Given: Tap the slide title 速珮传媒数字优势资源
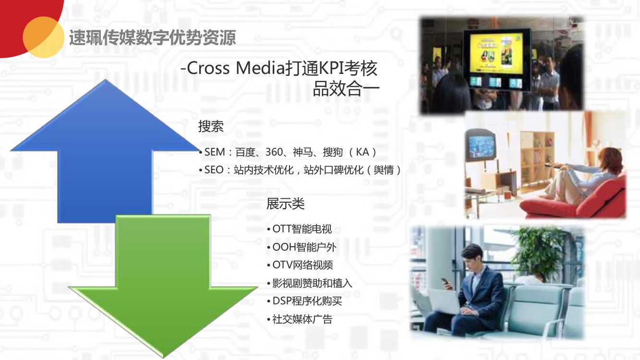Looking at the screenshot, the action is pyautogui.click(x=153, y=37).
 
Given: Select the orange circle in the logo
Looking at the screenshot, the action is pyautogui.click(x=43, y=37).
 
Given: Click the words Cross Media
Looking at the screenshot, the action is pyautogui.click(x=234, y=68).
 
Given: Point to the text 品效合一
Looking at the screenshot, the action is pyautogui.click(x=346, y=89).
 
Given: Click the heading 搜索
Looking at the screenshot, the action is pyautogui.click(x=211, y=126).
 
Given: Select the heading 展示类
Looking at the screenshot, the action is pyautogui.click(x=285, y=204).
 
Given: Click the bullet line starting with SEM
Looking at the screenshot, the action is pyautogui.click(x=288, y=152).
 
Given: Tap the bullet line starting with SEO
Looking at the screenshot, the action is pyautogui.click(x=300, y=170).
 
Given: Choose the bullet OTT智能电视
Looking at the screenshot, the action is pyautogui.click(x=300, y=229).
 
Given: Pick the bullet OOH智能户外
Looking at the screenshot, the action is pyautogui.click(x=302, y=247).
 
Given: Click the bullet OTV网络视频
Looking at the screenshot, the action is pyautogui.click(x=300, y=265).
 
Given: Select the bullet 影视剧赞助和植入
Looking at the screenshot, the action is pyautogui.click(x=309, y=283).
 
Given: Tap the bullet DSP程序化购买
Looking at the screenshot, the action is pyautogui.click(x=304, y=301).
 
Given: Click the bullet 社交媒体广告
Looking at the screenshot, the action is pyautogui.click(x=300, y=319).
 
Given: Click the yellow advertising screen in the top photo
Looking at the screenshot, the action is pyautogui.click(x=496, y=53).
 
